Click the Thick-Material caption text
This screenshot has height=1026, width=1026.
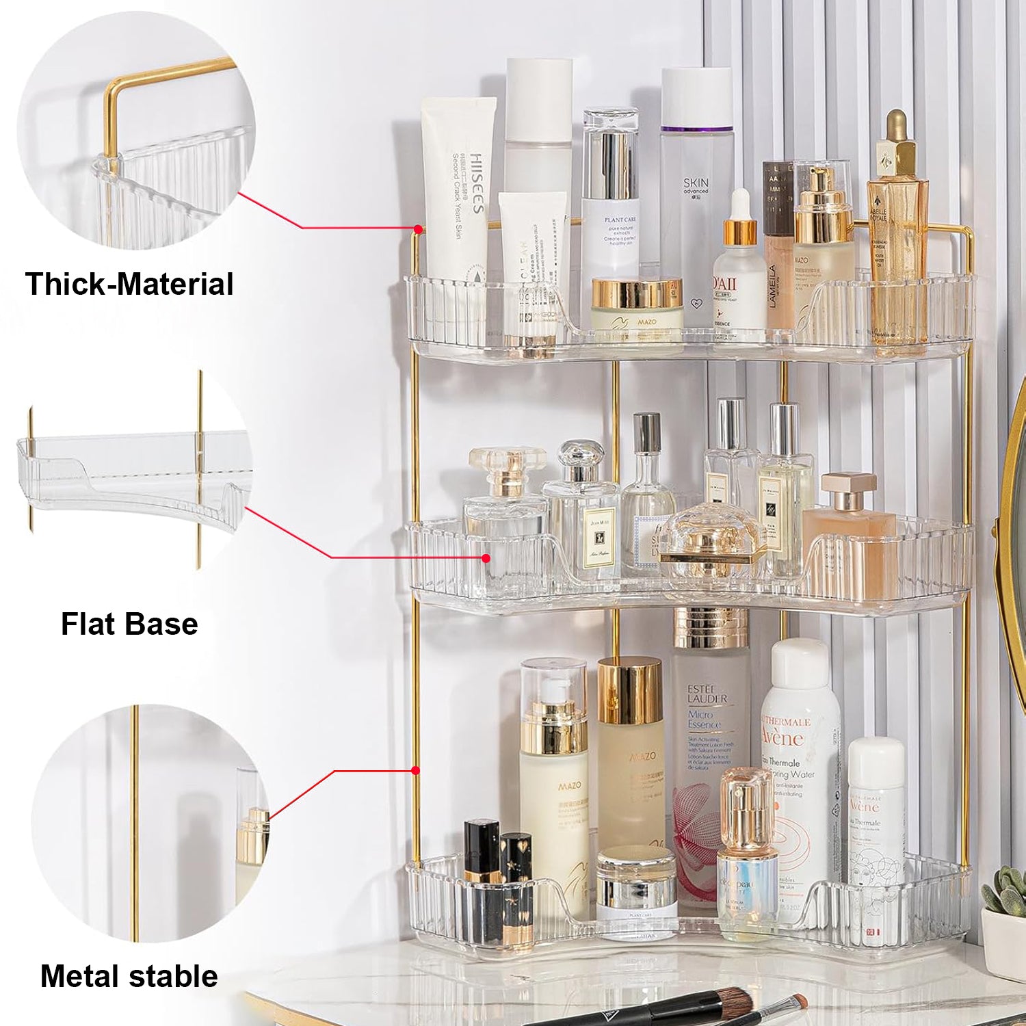coord(129,284)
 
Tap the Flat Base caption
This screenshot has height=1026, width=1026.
coord(129,624)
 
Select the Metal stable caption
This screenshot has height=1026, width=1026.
coord(129,976)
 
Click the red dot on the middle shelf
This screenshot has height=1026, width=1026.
coord(486,558)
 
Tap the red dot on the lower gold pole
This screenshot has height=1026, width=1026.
coord(415,771)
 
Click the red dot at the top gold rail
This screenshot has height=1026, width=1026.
coord(417,228)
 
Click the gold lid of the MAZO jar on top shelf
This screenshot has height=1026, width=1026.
coord(636,292)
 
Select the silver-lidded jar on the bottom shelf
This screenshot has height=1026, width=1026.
coord(636,882)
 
